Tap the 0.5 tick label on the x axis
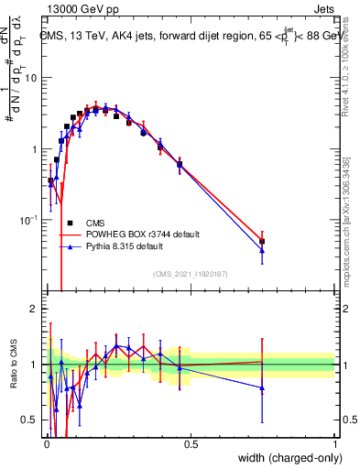[x=191, y=445]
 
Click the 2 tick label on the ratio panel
[x=33, y=309]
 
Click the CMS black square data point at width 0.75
[x=262, y=242]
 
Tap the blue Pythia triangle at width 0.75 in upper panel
[x=262, y=250]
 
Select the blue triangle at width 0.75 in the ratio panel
[x=262, y=387]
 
